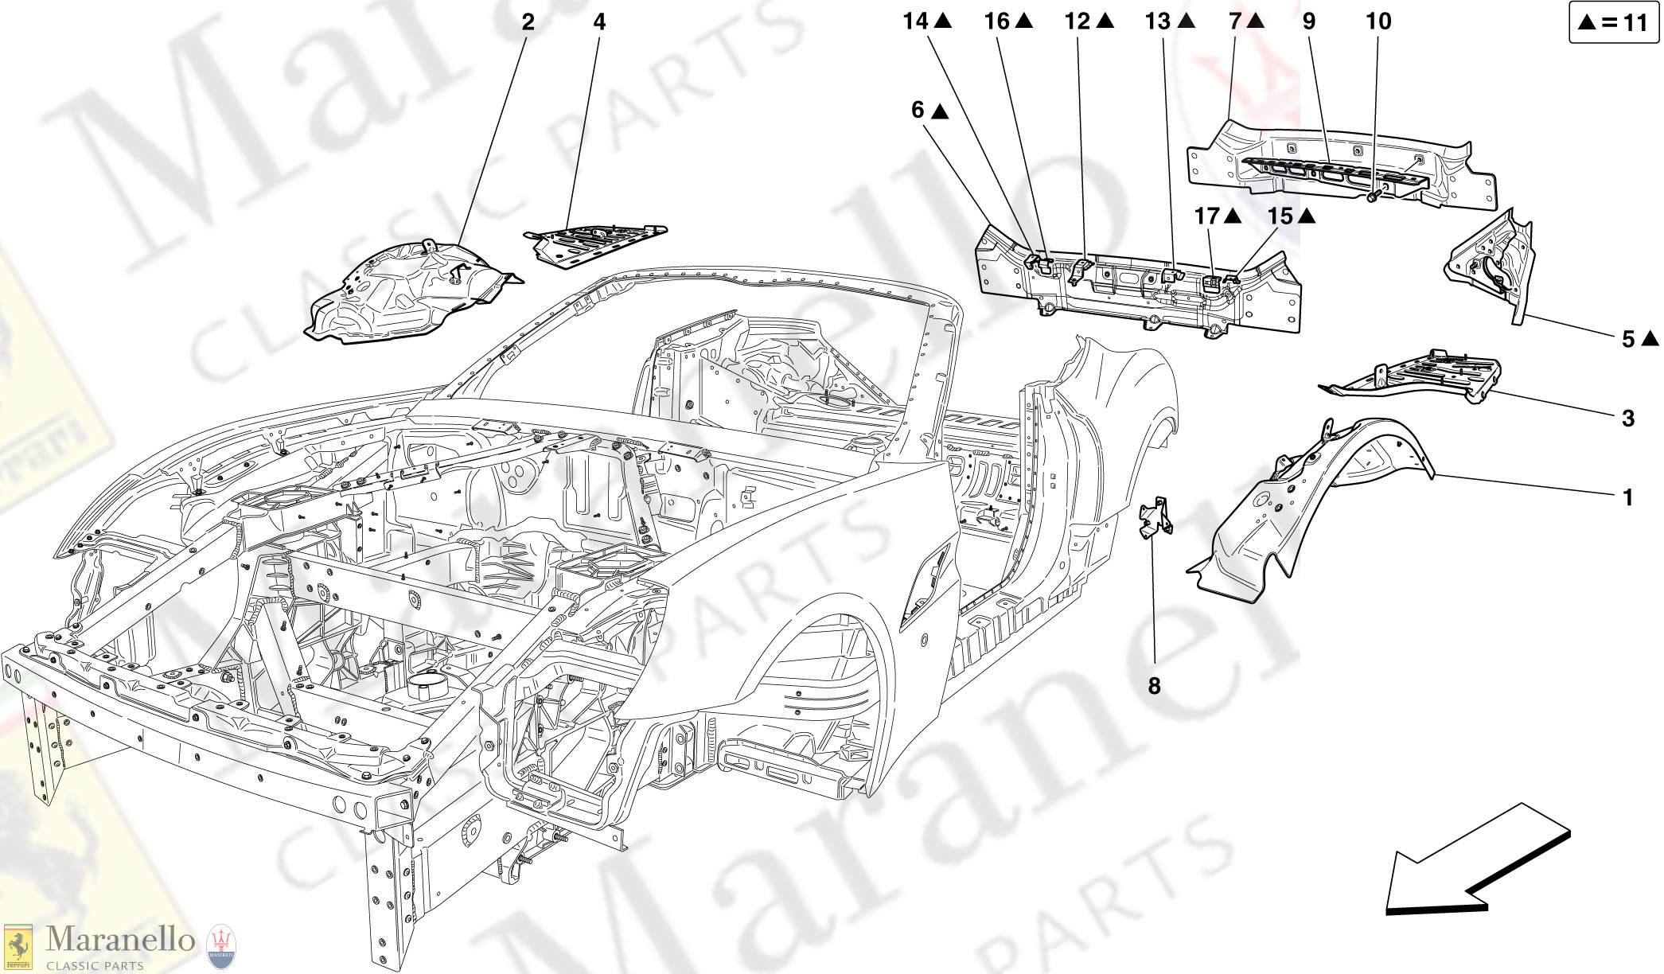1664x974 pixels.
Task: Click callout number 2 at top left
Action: [x=528, y=22]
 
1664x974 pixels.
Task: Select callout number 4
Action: [x=599, y=22]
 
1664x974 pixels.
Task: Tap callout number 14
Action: [x=916, y=21]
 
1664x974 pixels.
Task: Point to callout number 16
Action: [x=997, y=21]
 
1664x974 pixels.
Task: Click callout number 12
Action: [x=1078, y=21]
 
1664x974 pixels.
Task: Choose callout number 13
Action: [x=1158, y=21]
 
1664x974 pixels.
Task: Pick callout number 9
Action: [x=1309, y=21]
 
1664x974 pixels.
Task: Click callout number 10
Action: [x=1378, y=21]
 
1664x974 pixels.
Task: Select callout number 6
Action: [x=918, y=110]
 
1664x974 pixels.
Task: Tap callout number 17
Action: [x=1207, y=216]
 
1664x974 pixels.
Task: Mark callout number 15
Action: [x=1280, y=216]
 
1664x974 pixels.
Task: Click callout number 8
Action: [x=1154, y=685]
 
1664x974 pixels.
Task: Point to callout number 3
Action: [x=1628, y=418]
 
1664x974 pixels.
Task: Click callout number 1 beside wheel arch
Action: [x=1628, y=497]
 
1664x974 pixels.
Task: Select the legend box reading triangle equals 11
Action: [x=1613, y=22]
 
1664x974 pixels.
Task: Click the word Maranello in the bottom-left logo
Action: [x=120, y=940]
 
